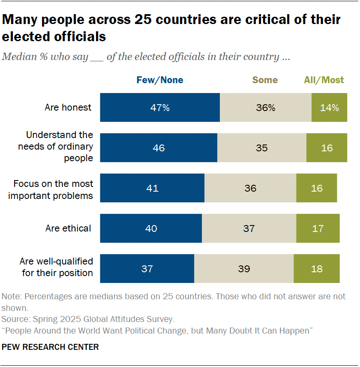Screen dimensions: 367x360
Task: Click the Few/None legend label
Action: (159, 80)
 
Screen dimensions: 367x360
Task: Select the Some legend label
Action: (265, 80)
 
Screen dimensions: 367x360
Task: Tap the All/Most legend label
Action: (324, 80)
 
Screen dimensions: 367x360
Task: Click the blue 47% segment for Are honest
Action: (160, 108)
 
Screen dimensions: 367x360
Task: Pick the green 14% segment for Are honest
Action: (329, 108)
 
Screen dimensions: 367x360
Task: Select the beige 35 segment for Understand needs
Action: (261, 148)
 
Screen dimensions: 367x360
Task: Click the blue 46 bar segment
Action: (159, 148)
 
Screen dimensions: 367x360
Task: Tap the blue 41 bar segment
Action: (152, 188)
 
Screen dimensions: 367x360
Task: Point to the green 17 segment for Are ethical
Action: (318, 229)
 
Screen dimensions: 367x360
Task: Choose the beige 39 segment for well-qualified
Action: (243, 269)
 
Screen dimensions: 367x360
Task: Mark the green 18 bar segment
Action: (317, 269)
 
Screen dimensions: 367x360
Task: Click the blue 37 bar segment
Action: (147, 269)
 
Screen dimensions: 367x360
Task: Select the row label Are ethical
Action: (68, 229)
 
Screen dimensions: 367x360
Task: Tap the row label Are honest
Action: (68, 108)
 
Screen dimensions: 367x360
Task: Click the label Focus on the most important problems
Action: (53, 190)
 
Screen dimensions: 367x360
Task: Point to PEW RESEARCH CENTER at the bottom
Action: (50, 347)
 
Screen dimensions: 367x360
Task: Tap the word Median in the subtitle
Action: (19, 57)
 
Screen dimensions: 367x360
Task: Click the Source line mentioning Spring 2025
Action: (88, 319)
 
